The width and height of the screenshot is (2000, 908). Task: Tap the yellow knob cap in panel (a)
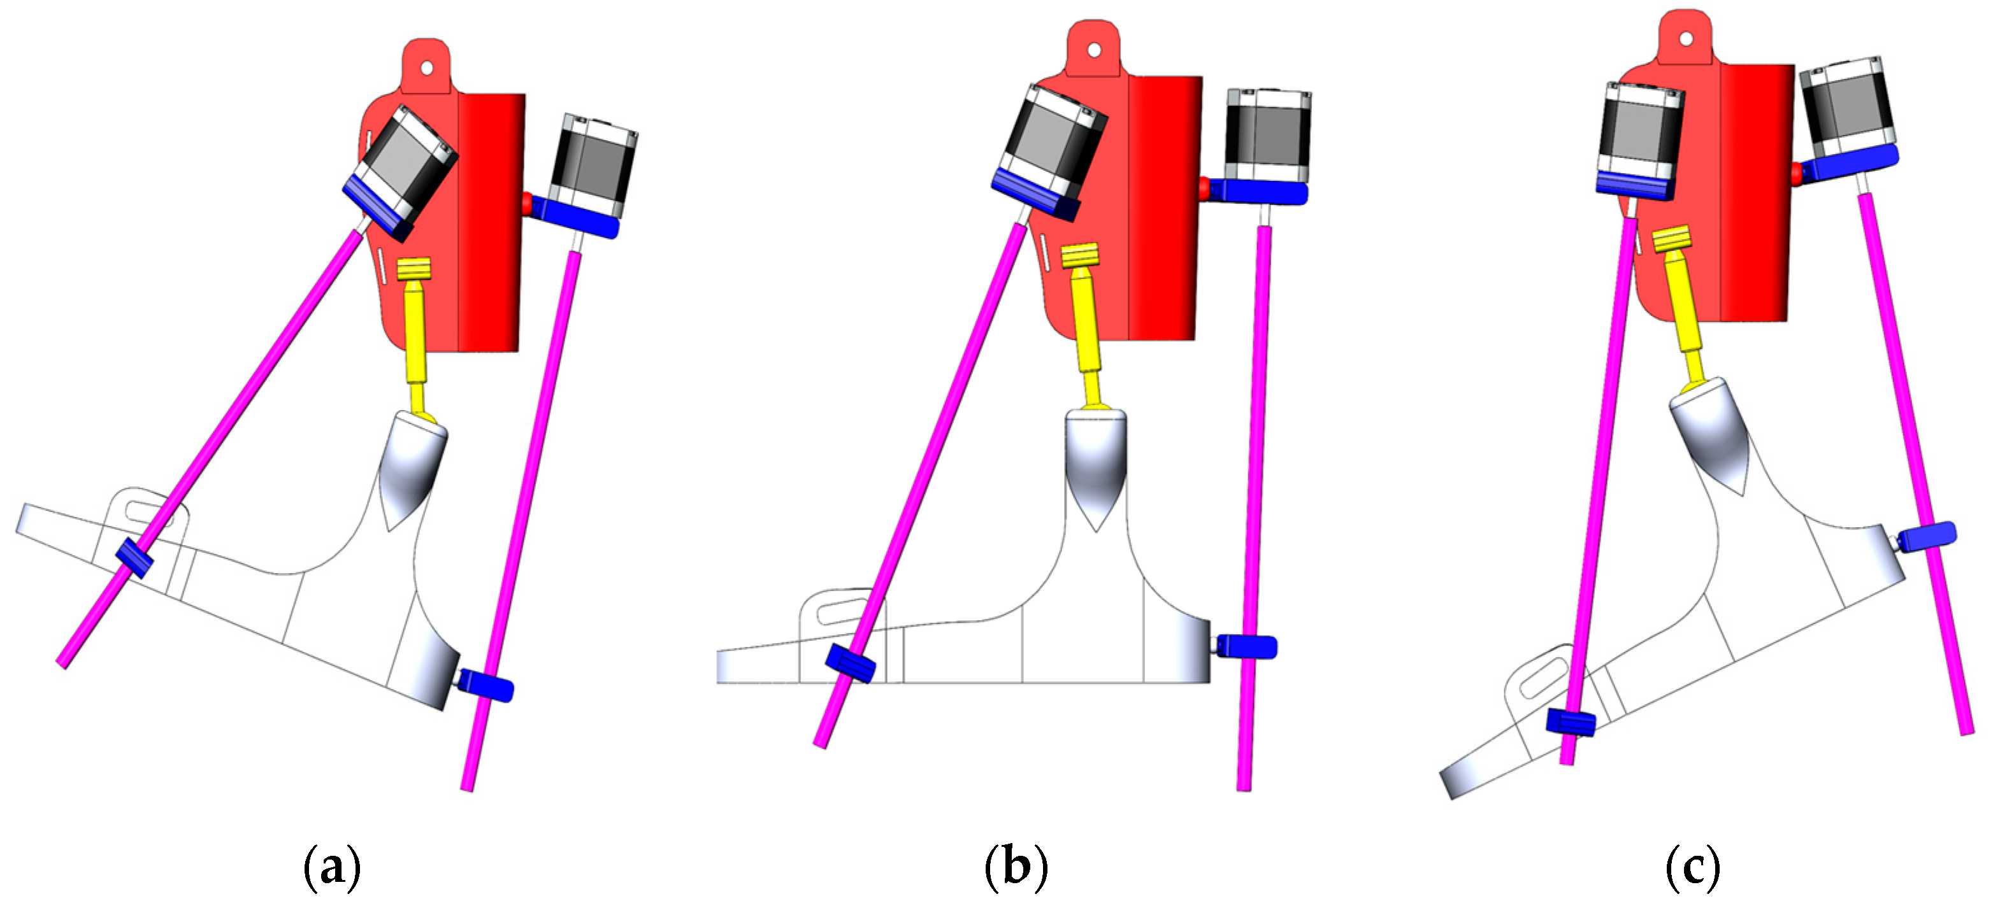[414, 269]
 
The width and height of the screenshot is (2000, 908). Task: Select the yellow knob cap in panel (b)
[1079, 255]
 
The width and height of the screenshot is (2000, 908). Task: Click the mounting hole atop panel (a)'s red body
[426, 68]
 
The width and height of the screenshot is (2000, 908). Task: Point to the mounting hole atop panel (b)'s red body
[1094, 50]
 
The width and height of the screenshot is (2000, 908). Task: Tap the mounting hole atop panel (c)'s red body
[1685, 38]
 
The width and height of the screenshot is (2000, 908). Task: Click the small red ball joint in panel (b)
[1204, 187]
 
